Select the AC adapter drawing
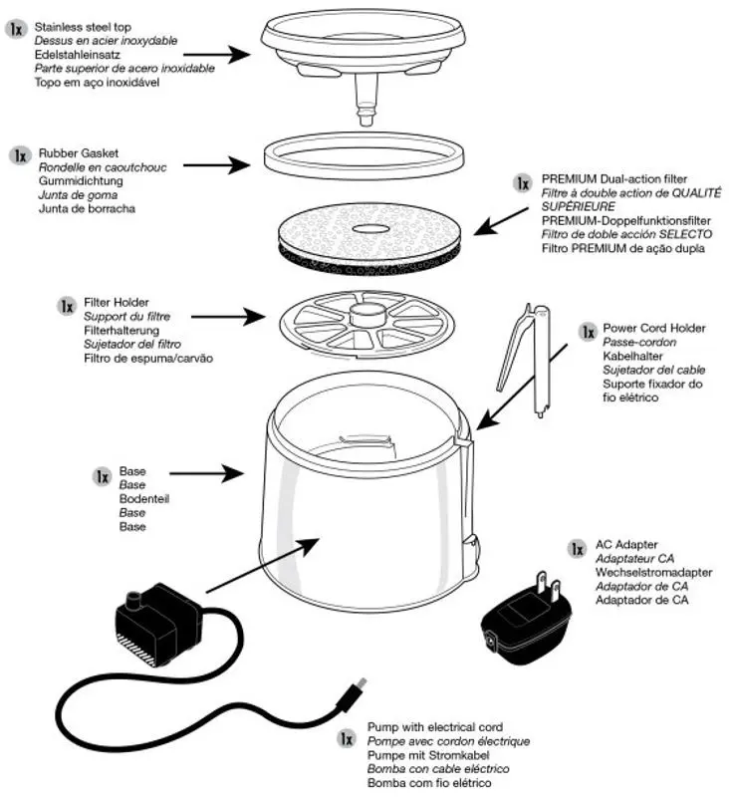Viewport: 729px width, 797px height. point(525,624)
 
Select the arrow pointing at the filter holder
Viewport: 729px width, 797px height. point(228,317)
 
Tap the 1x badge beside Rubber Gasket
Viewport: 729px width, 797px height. point(20,156)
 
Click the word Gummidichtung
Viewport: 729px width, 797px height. point(81,182)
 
